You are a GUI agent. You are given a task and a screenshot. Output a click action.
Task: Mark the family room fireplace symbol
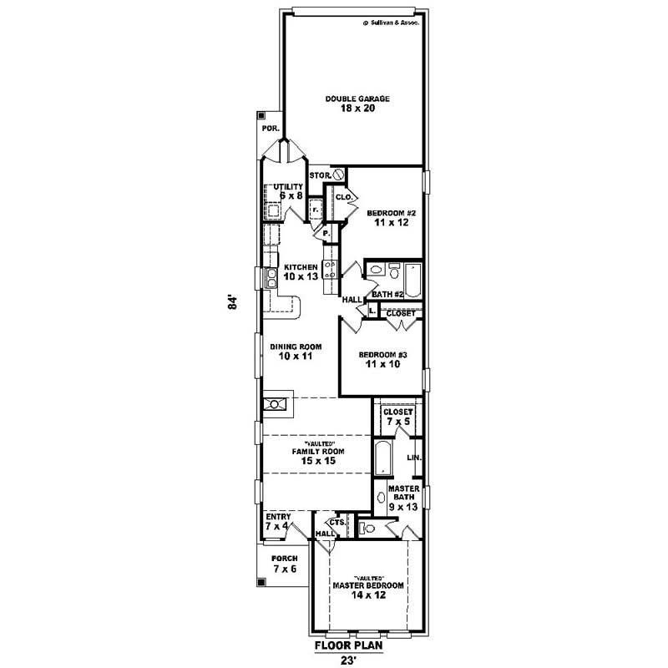point(275,405)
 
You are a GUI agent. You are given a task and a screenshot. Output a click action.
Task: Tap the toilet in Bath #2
point(377,270)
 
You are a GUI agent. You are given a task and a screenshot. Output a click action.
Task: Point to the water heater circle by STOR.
point(339,175)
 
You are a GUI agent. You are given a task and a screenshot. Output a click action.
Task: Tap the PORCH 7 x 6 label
point(285,564)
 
